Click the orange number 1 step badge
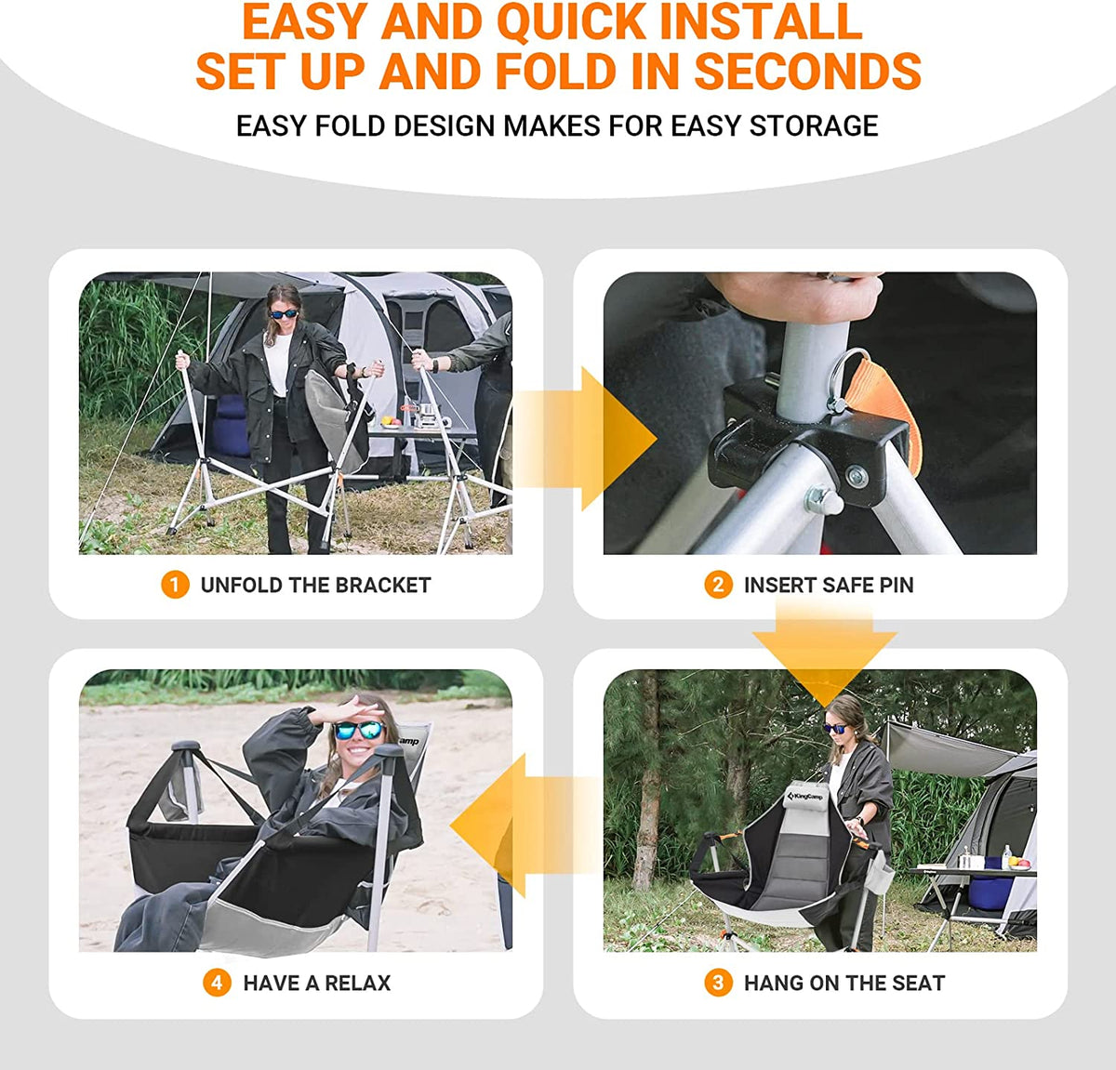175,585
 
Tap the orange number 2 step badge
718,585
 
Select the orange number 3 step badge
718,983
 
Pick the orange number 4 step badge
217,983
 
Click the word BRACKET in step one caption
382,585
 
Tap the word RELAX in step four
357,983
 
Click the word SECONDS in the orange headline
807,71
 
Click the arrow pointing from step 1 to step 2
585,439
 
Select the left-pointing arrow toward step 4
525,826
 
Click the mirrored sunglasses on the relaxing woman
359,730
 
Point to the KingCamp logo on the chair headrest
805,798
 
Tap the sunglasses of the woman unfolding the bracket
284,313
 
